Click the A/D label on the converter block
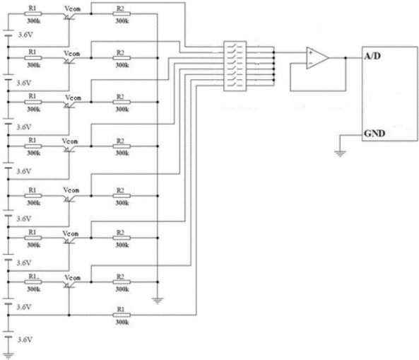[x=372, y=56]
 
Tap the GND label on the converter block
[x=374, y=133]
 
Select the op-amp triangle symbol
[x=317, y=58]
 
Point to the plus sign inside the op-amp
[x=310, y=52]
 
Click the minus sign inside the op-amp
[x=310, y=64]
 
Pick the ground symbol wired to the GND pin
[x=340, y=153]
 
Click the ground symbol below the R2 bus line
[x=158, y=301]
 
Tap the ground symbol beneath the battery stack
[x=8, y=356]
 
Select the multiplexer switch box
[x=235, y=66]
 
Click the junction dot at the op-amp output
[x=346, y=58]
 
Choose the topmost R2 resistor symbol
[x=122, y=13]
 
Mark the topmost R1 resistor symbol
[x=33, y=13]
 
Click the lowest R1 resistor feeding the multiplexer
[x=122, y=315]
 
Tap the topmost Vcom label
[x=72, y=9]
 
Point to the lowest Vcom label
[x=72, y=278]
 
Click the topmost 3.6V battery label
[x=25, y=35]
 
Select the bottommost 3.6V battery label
[x=25, y=339]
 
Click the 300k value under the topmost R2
[x=122, y=21]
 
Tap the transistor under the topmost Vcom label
[x=69, y=16]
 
